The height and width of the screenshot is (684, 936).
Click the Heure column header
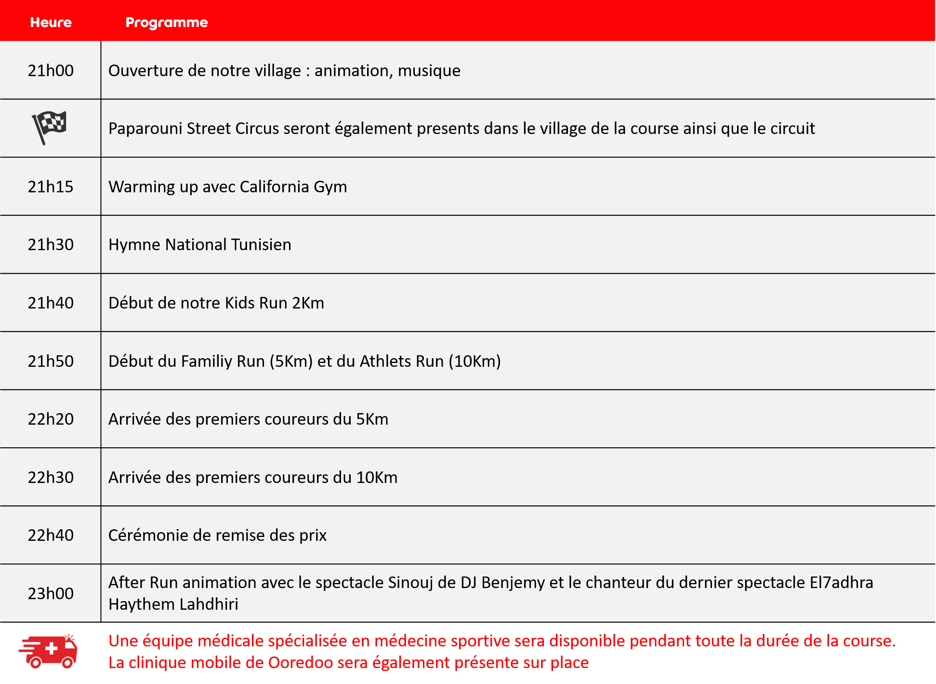pyautogui.click(x=51, y=22)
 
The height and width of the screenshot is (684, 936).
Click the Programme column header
pyautogui.click(x=166, y=22)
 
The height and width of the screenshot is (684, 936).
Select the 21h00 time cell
pyautogui.click(x=51, y=70)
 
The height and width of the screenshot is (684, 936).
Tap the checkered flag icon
pyautogui.click(x=49, y=127)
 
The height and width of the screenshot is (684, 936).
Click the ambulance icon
pyautogui.click(x=48, y=651)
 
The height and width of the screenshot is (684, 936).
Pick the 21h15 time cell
pyautogui.click(x=51, y=187)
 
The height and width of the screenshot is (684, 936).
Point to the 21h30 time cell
pyautogui.click(x=51, y=244)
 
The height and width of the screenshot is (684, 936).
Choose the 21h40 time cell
pyautogui.click(x=51, y=303)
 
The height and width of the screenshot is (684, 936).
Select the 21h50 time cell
pyautogui.click(x=51, y=361)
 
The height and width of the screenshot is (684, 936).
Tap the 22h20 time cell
pyautogui.click(x=51, y=419)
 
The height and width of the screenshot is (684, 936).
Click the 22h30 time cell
pyautogui.click(x=51, y=477)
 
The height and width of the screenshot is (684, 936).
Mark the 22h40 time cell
pyautogui.click(x=51, y=535)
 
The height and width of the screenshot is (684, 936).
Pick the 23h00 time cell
pyautogui.click(x=51, y=593)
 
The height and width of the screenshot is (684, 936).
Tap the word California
pyautogui.click(x=274, y=187)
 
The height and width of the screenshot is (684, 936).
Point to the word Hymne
pyautogui.click(x=134, y=245)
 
